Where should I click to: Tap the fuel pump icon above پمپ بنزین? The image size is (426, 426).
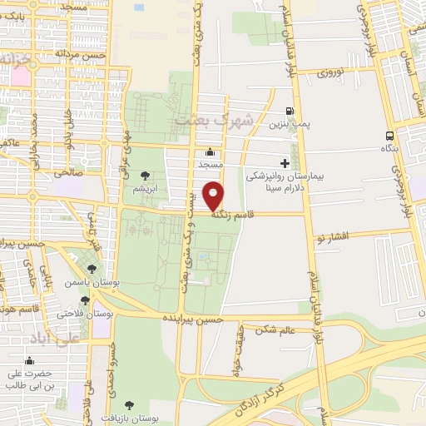pos(289,111)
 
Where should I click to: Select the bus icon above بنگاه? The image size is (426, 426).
pos(390,135)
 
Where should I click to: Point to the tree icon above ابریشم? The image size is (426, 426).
pos(146,176)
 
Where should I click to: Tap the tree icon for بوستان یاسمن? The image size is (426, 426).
pos(92,270)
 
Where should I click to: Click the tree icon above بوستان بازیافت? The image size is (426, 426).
pos(127,405)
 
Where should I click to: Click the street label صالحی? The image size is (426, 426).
pos(64,173)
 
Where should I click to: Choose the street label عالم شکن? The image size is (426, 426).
pos(277,331)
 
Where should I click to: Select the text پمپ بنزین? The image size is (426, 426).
pos(289,124)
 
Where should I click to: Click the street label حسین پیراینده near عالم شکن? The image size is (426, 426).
pos(193,319)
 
